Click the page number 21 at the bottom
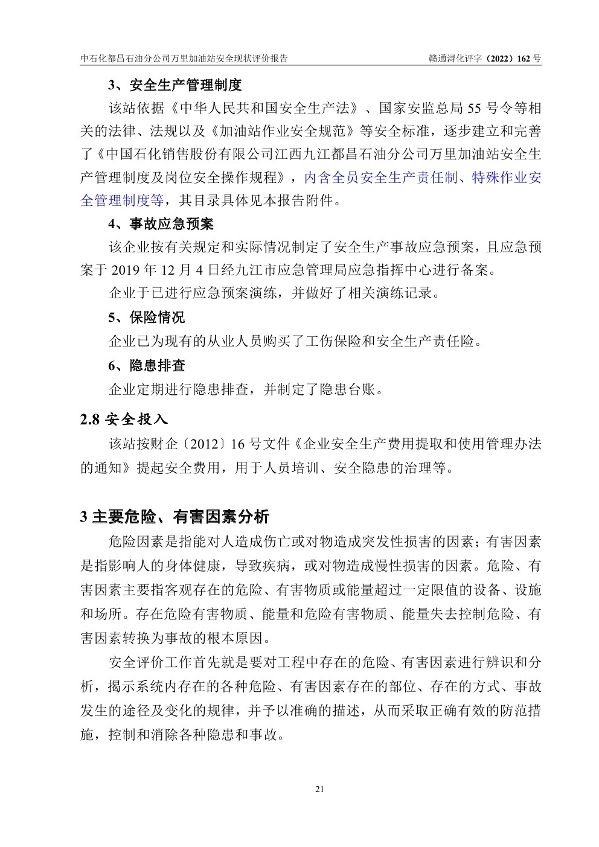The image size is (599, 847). (319, 789)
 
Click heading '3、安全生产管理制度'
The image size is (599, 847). (175, 85)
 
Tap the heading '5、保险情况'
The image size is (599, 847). (147, 318)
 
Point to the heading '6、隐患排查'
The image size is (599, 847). (147, 366)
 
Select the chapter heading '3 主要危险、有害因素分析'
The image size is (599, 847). (175, 517)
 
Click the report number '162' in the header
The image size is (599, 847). (524, 59)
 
